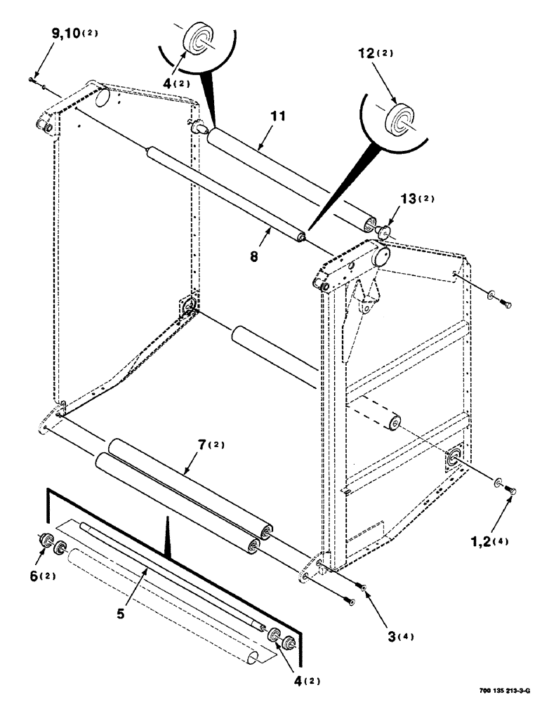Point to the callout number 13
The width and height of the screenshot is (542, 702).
point(407,201)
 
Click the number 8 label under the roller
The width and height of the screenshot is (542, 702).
point(253,257)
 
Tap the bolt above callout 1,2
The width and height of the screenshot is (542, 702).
point(511,491)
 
